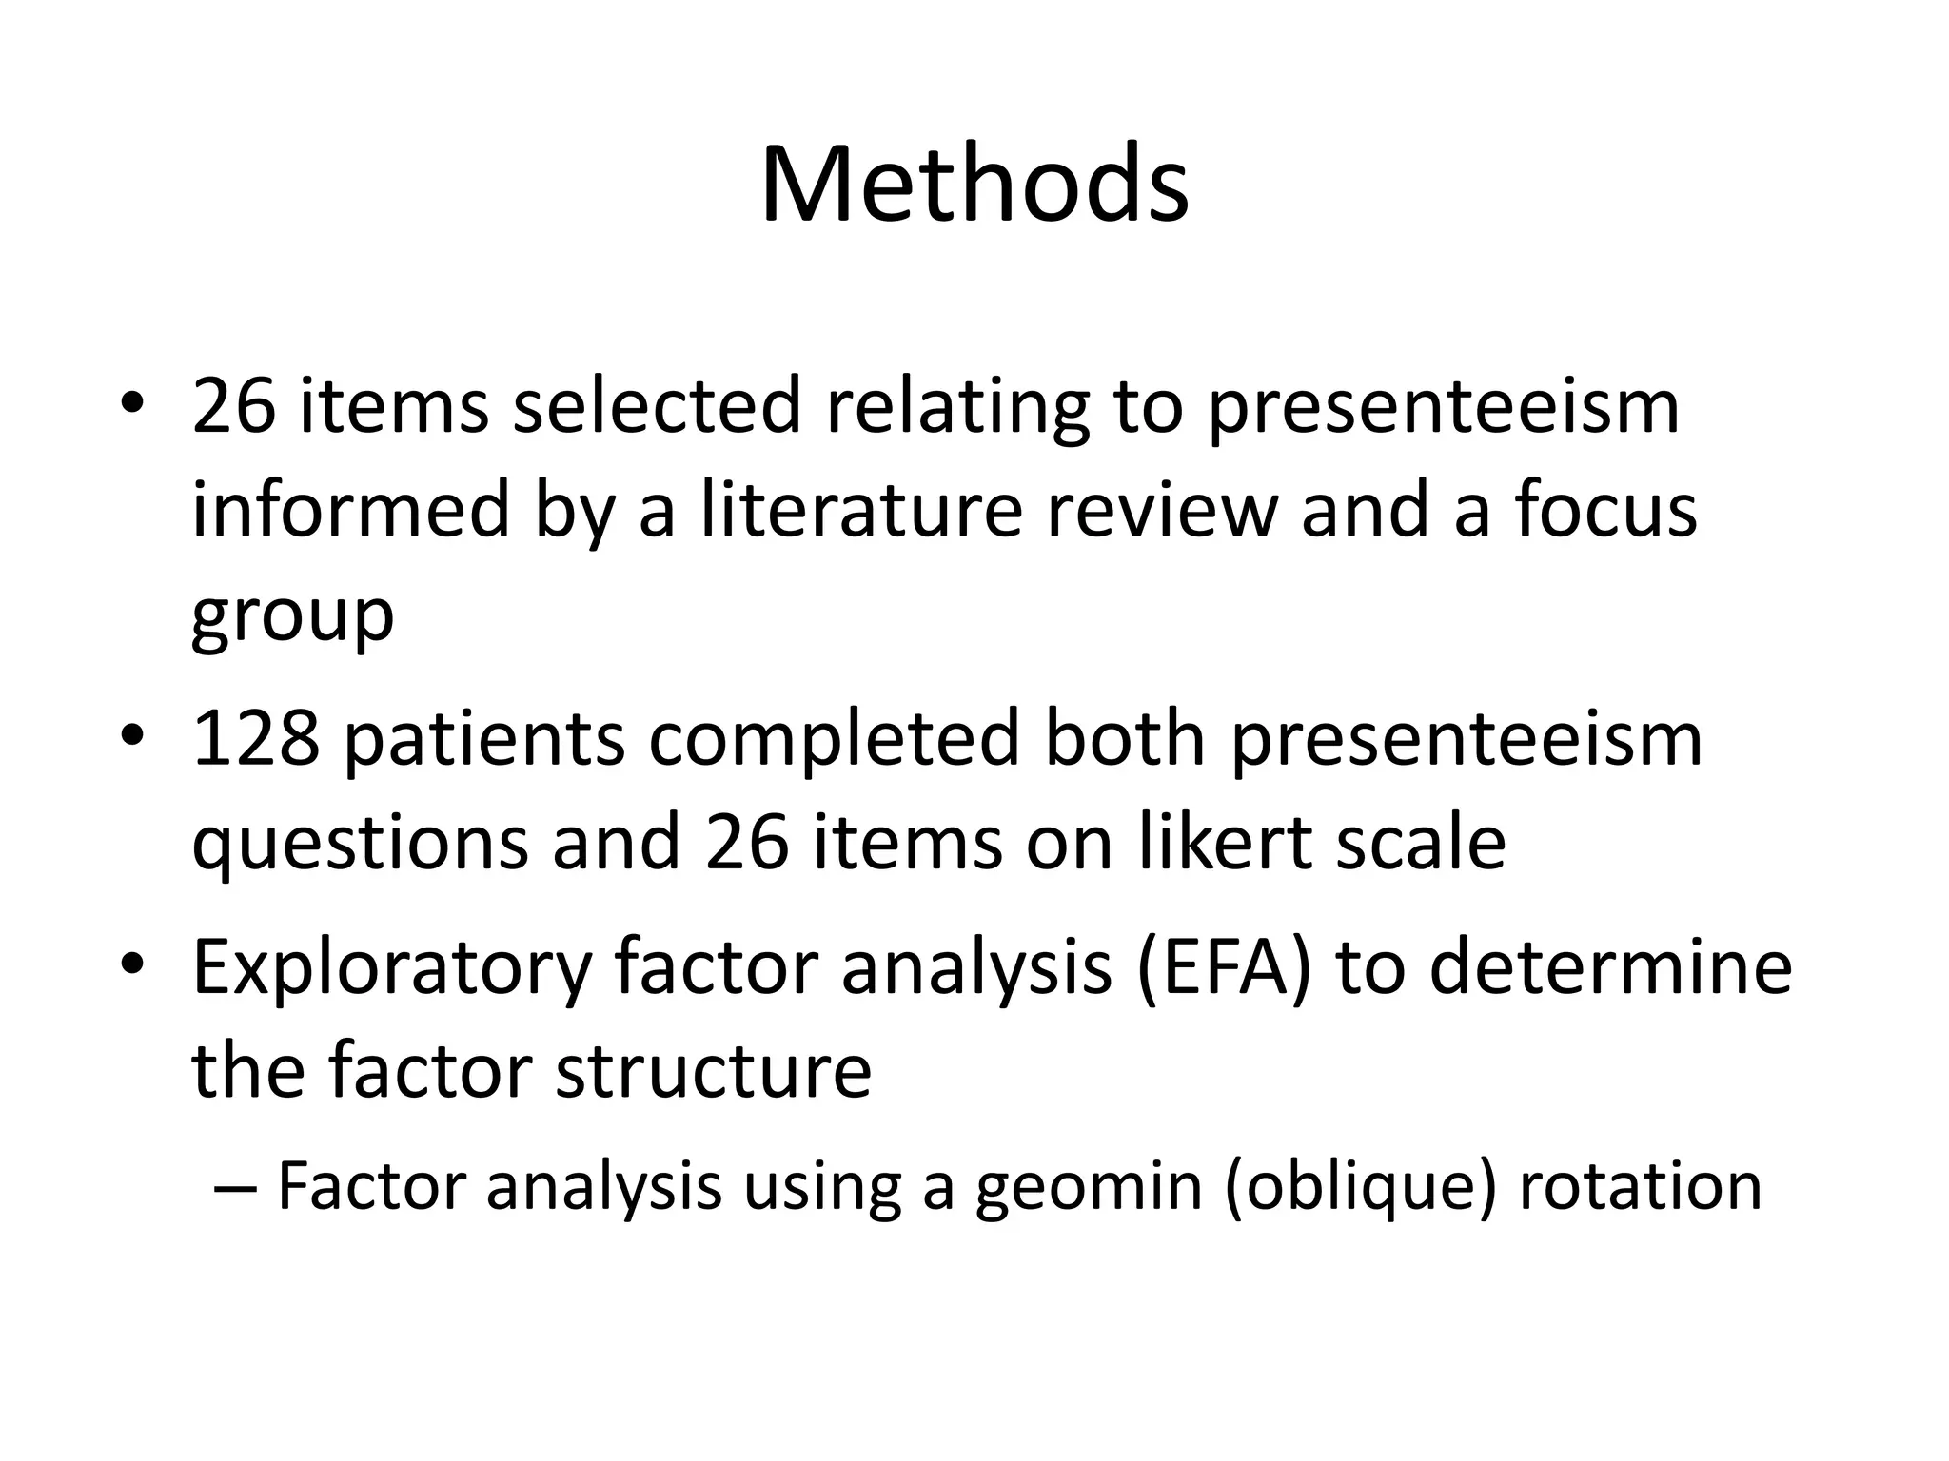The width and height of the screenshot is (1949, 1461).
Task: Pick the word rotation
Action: tap(1640, 1186)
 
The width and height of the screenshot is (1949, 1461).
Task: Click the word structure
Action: tap(713, 1070)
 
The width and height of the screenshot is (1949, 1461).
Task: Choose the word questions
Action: tap(359, 844)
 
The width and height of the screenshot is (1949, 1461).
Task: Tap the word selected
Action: tap(656, 406)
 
